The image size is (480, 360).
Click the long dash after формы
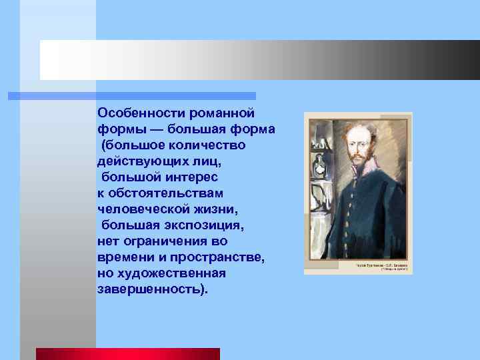coord(157,129)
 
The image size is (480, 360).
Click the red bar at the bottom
coord(127,353)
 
